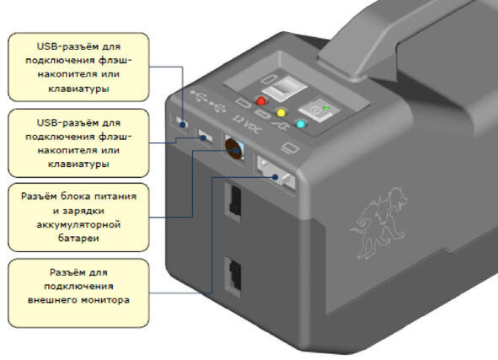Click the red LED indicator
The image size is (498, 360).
click(261, 100)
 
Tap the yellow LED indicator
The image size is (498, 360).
click(281, 112)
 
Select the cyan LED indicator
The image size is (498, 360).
click(301, 124)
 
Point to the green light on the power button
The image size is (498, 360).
click(326, 108)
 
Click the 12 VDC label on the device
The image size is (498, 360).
click(247, 124)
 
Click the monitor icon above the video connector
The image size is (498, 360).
click(290, 148)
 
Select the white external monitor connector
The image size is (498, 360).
click(276, 174)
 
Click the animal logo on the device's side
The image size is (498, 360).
click(379, 223)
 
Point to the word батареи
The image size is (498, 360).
click(78, 238)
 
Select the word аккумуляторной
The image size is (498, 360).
click(78, 224)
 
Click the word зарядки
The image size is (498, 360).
click(83, 211)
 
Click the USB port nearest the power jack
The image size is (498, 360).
click(205, 137)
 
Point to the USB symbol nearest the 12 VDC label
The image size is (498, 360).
click(218, 107)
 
